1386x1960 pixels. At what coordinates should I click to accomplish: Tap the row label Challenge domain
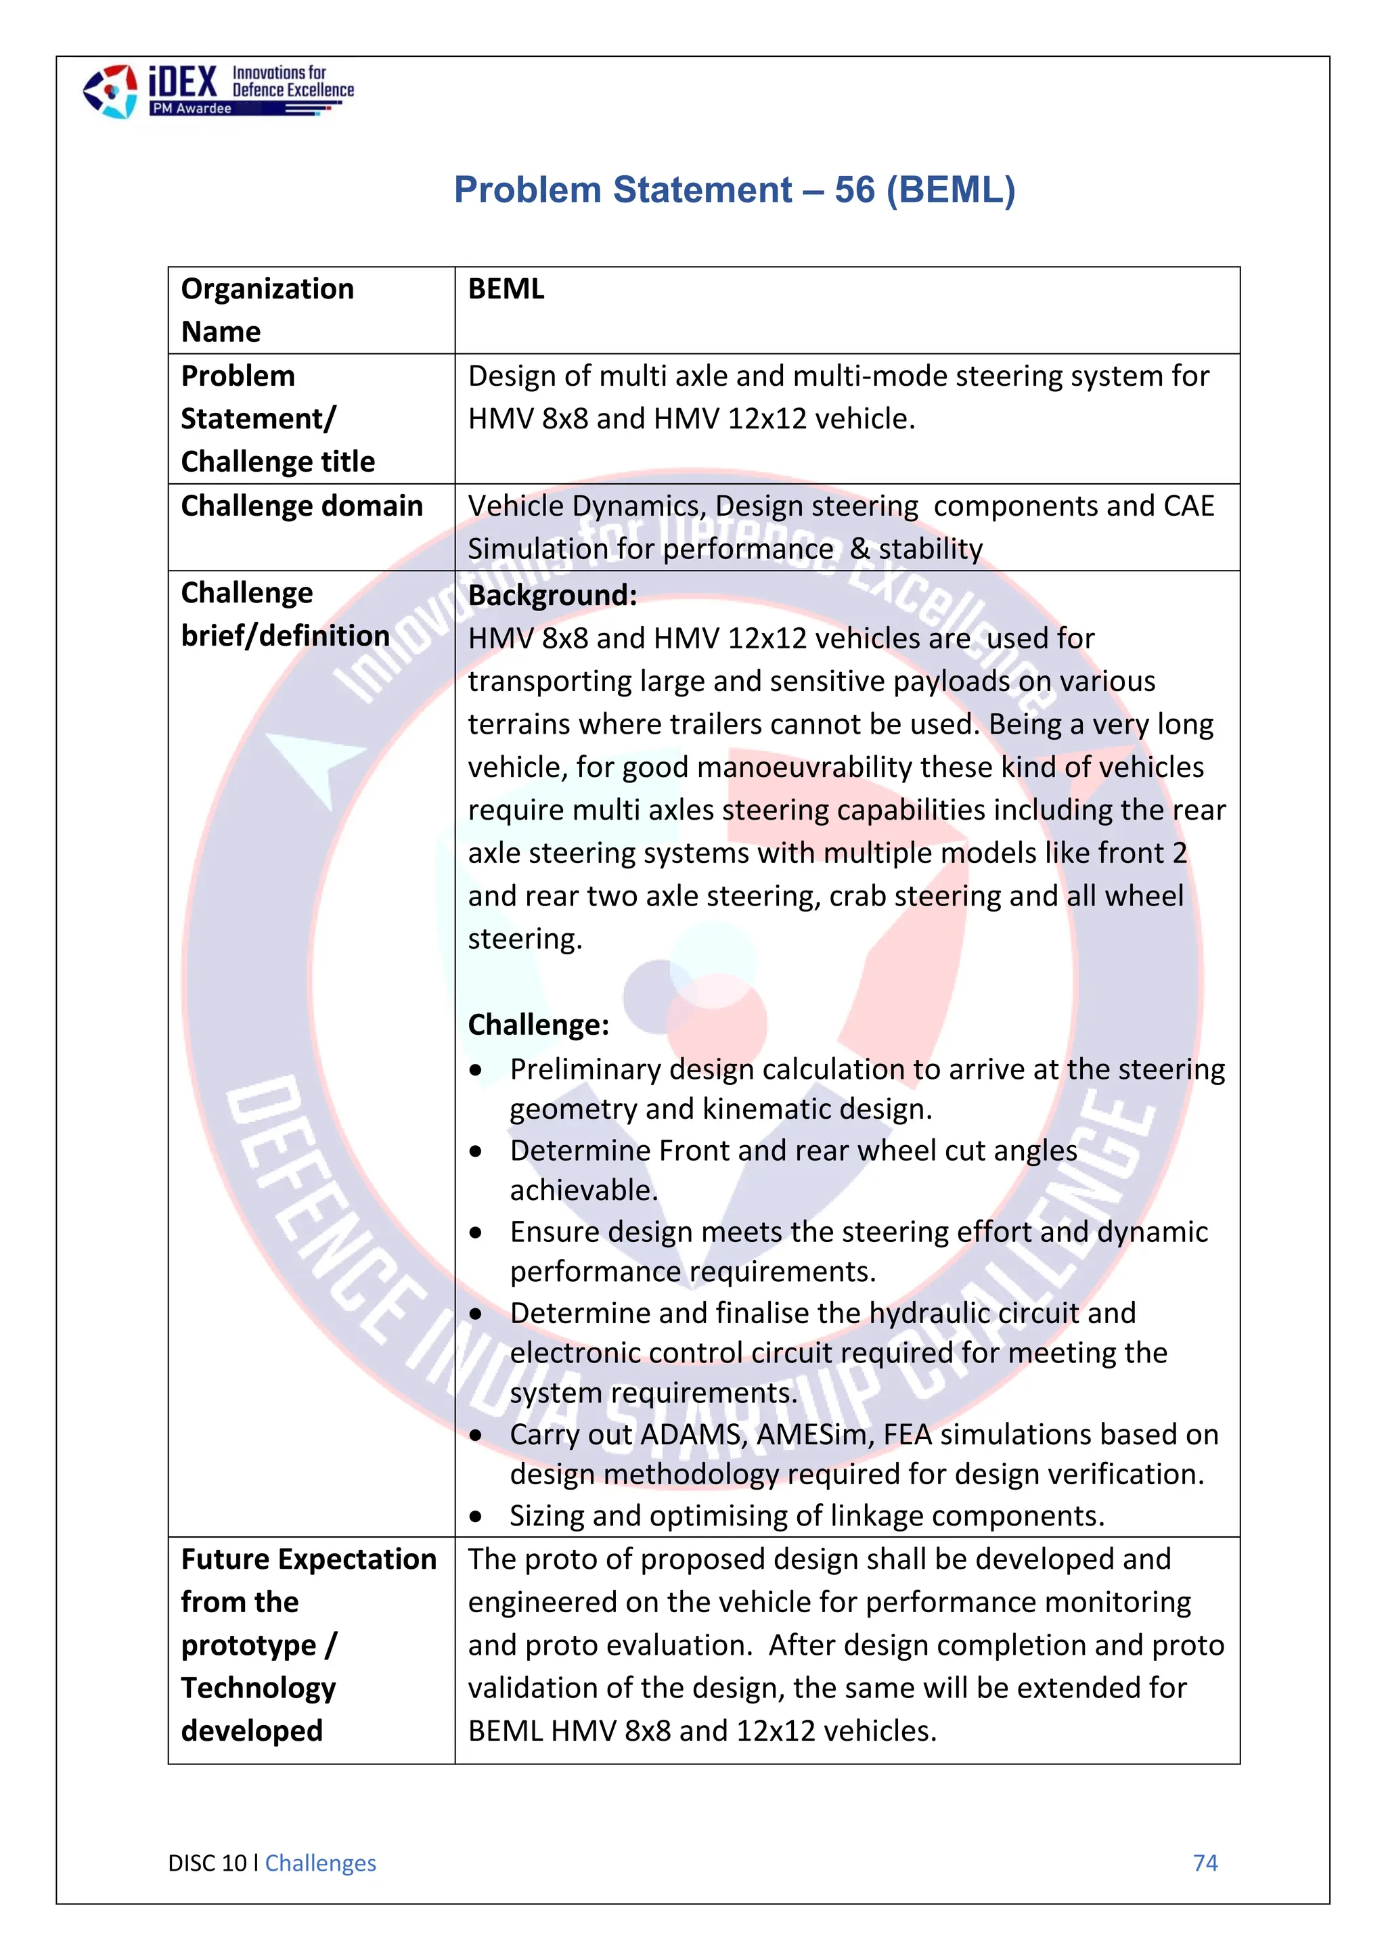click(x=301, y=506)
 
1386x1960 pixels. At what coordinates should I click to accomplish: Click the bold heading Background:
click(x=552, y=595)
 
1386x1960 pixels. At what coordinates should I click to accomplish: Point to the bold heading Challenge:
click(x=539, y=1025)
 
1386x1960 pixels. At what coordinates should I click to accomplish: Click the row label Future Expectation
click(x=308, y=1559)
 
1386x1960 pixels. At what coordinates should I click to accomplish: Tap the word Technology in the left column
click(x=258, y=1688)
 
